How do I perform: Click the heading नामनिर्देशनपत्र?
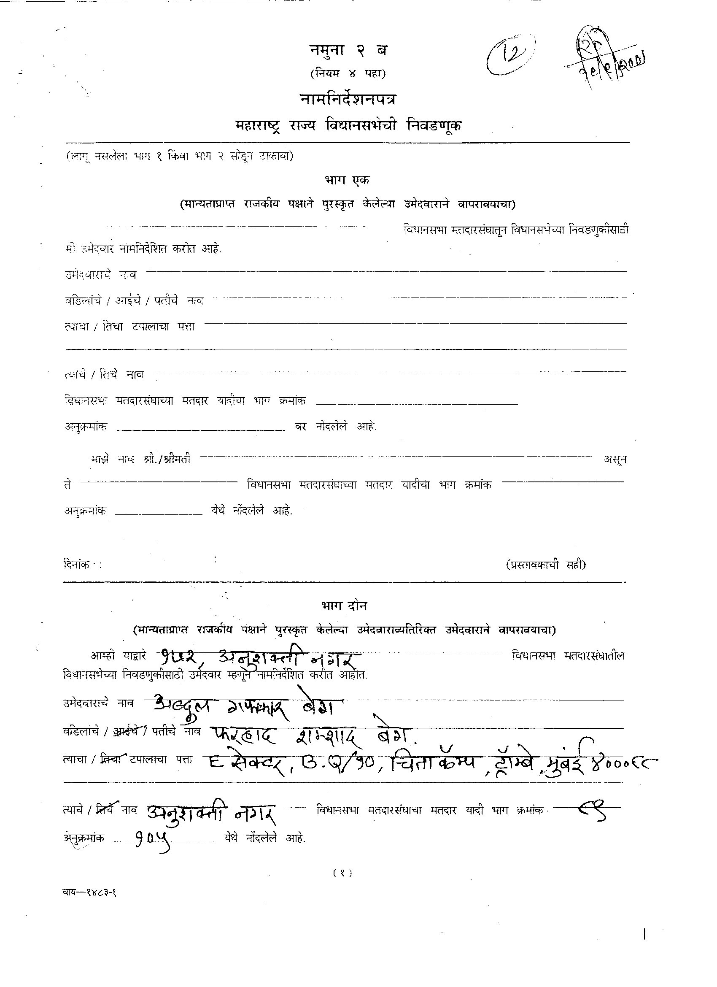coord(348,100)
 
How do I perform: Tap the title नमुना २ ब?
coord(348,51)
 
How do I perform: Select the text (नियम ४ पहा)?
coord(348,74)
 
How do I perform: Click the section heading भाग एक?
coord(346,179)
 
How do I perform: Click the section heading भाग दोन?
coord(344,606)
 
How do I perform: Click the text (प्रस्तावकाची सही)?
coord(546,565)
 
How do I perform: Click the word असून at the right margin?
coord(615,459)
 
